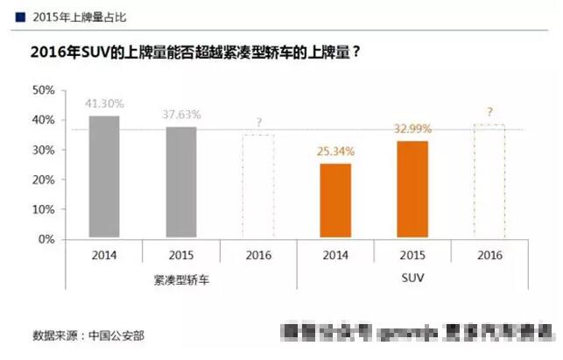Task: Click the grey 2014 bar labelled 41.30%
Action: click(x=104, y=176)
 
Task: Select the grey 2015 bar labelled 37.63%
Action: click(x=180, y=181)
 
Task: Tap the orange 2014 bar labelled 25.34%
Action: click(x=335, y=200)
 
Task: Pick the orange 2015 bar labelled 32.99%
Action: click(x=412, y=188)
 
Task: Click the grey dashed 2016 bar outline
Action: click(x=258, y=185)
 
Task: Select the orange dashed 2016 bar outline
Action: click(x=489, y=180)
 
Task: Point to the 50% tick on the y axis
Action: click(x=43, y=90)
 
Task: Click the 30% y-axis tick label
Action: click(x=43, y=150)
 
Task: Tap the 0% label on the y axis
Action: click(x=46, y=238)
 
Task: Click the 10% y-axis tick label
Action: click(x=43, y=208)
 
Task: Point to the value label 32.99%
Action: click(x=412, y=129)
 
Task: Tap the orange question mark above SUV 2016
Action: click(x=489, y=112)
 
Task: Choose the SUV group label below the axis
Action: click(x=412, y=281)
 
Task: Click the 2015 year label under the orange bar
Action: click(x=412, y=256)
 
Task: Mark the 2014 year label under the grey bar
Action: click(x=104, y=256)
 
